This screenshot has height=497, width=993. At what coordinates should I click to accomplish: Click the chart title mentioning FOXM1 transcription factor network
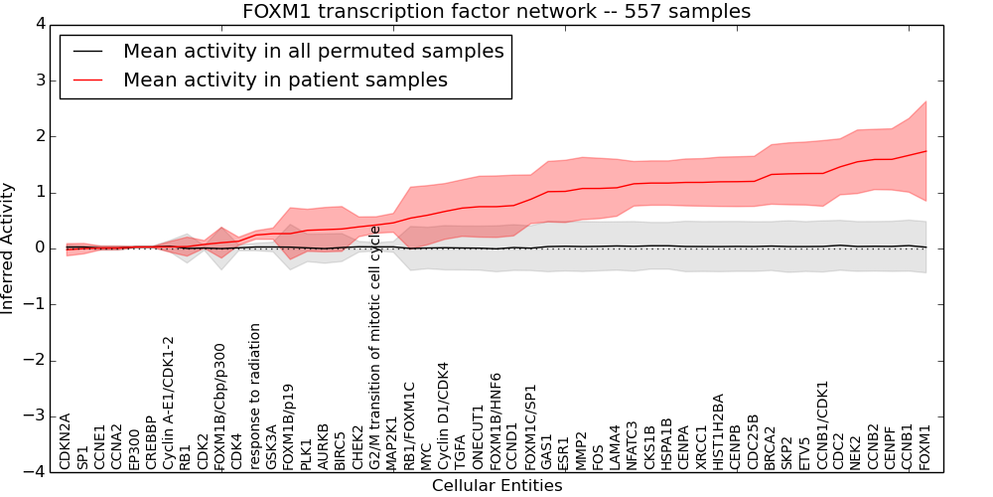496,11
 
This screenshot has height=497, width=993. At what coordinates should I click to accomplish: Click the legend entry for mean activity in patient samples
285,80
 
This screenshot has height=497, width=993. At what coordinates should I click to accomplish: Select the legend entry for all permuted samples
313,51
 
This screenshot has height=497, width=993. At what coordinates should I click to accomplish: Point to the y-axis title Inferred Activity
8,248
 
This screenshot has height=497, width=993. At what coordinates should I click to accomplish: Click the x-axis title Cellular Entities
496,486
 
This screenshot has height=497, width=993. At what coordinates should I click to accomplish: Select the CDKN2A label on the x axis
66,441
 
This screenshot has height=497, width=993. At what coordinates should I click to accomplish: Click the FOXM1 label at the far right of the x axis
925,446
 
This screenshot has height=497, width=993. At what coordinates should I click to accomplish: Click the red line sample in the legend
86,80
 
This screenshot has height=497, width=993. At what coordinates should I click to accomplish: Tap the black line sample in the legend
86,51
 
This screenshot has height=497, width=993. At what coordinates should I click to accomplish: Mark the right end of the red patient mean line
925,151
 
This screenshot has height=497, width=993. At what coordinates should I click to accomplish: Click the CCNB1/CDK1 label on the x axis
822,425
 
